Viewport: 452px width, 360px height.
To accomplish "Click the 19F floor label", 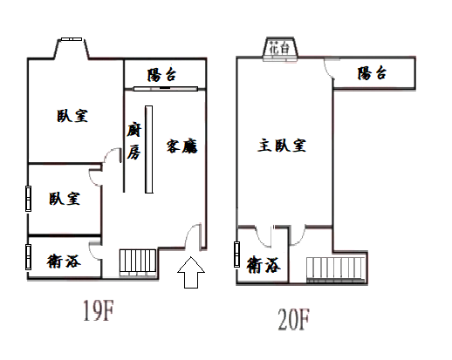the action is [99, 310].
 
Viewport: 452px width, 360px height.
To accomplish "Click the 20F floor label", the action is [294, 320].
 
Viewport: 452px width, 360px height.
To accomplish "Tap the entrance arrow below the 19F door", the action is [191, 272].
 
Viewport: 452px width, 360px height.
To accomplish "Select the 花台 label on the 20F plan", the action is [279, 48].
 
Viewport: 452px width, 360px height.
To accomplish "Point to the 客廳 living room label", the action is [182, 146].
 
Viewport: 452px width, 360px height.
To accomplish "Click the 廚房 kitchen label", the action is [134, 141].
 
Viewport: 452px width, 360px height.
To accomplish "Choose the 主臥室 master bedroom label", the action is [282, 146].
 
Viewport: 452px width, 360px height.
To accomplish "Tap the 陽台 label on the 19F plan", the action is [161, 75].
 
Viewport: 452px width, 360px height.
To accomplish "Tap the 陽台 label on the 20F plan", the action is [372, 73].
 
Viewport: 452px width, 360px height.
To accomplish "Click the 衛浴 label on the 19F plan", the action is [64, 261].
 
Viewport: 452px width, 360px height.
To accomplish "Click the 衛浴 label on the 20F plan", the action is [264, 264].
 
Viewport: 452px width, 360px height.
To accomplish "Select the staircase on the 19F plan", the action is [137, 262].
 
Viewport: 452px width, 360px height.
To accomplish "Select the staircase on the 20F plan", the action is [336, 269].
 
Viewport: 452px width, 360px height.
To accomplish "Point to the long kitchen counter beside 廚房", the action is [149, 149].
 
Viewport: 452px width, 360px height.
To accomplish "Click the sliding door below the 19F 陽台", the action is [166, 89].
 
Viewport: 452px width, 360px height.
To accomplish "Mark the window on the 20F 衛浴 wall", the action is [236, 255].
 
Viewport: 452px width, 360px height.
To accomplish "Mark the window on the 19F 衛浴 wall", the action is [28, 257].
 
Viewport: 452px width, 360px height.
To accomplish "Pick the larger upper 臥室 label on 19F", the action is [72, 116].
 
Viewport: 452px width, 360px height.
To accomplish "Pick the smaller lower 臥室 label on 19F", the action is [65, 199].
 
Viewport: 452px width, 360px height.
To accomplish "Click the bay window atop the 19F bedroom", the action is [72, 48].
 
